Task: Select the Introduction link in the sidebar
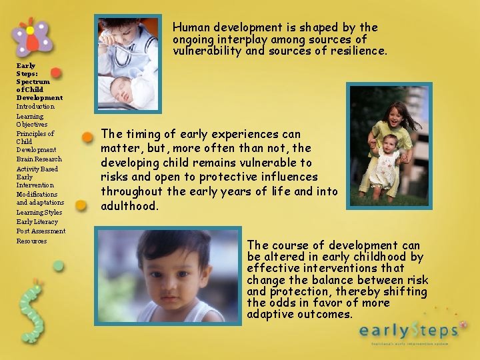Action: [35, 107]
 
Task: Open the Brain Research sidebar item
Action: [39, 159]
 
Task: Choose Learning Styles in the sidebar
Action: [39, 212]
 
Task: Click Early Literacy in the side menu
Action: [37, 221]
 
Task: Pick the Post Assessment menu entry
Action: [41, 231]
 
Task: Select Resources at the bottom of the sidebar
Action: [31, 241]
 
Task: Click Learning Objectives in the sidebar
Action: [32, 120]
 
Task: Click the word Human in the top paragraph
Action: [191, 27]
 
